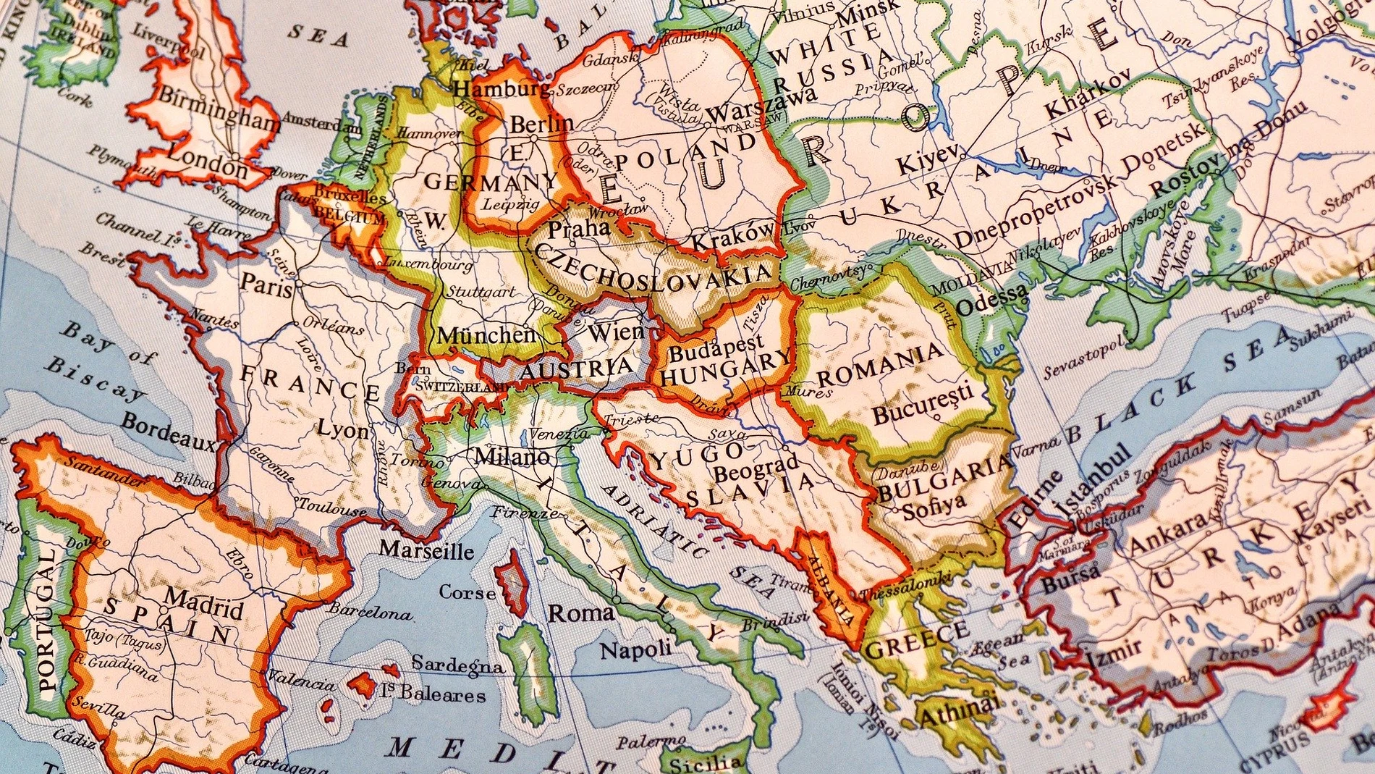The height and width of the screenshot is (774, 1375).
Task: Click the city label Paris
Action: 266,283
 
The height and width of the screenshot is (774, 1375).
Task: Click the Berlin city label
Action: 541,124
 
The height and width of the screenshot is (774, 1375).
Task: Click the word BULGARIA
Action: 943,477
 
